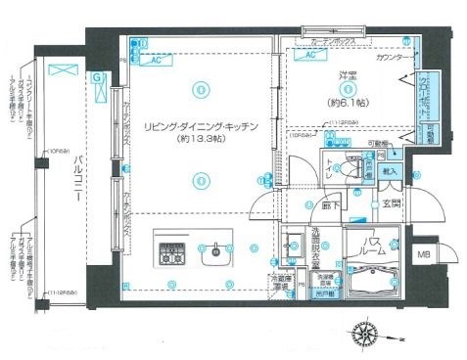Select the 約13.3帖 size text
coord(200,142)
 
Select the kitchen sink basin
coord(212,259)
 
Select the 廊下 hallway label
coord(332,205)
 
